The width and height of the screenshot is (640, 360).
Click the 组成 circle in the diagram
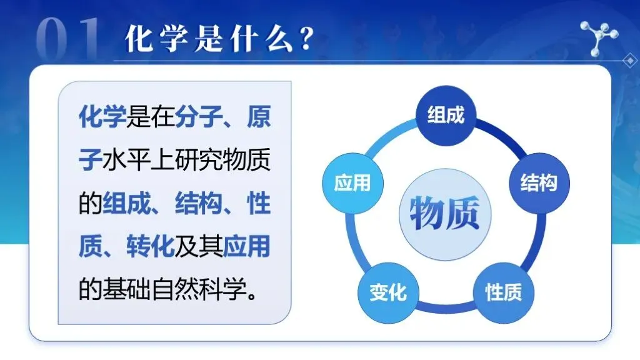(446, 116)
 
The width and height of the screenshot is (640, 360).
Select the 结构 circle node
(539, 183)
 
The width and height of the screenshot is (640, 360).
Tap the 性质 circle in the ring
(503, 292)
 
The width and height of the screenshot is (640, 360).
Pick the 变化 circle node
(388, 292)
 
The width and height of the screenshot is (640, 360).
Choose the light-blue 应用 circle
(352, 183)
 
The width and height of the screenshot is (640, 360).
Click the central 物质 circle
(445, 214)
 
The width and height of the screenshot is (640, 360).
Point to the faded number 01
(67, 39)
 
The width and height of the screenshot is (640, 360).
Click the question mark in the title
(306, 39)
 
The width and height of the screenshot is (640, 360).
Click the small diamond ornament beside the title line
(630, 61)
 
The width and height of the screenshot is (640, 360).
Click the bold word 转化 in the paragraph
(150, 246)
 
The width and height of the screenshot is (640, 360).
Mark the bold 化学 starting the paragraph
(102, 116)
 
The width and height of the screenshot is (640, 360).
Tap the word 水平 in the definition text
(126, 159)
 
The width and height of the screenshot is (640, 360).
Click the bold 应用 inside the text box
(246, 246)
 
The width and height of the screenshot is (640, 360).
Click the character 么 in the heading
(279, 39)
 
